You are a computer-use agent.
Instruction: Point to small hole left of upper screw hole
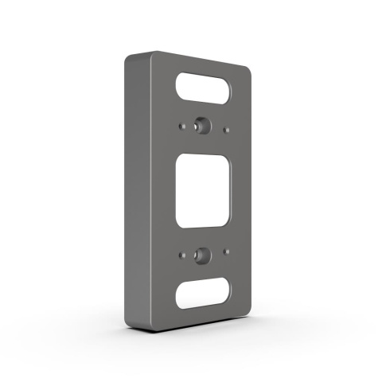coord(184,126)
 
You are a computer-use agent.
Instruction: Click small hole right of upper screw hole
coord(228,127)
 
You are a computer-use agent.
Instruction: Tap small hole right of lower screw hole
coord(228,255)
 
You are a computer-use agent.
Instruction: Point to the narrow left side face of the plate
coord(138,191)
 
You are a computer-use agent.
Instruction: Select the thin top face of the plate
coord(191,57)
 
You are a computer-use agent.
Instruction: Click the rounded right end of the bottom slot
coord(228,291)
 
